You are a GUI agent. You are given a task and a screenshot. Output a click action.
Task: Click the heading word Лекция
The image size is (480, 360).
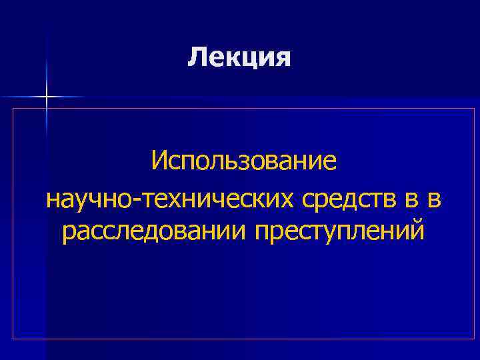click(239, 57)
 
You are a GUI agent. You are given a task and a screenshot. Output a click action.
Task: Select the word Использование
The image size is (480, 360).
click(245, 161)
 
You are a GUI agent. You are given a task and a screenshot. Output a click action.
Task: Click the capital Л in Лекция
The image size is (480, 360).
click(195, 57)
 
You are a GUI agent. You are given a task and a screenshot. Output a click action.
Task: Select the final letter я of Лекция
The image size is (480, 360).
click(283, 58)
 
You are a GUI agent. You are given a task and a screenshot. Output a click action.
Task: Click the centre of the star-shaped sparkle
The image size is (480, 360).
click(47, 97)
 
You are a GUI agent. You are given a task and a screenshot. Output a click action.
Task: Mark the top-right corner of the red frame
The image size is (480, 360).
click(474, 108)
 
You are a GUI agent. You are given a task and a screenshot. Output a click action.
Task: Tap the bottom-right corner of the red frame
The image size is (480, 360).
click(474, 339)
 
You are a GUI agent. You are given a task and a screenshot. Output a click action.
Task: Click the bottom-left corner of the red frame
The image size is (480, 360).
click(13, 339)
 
